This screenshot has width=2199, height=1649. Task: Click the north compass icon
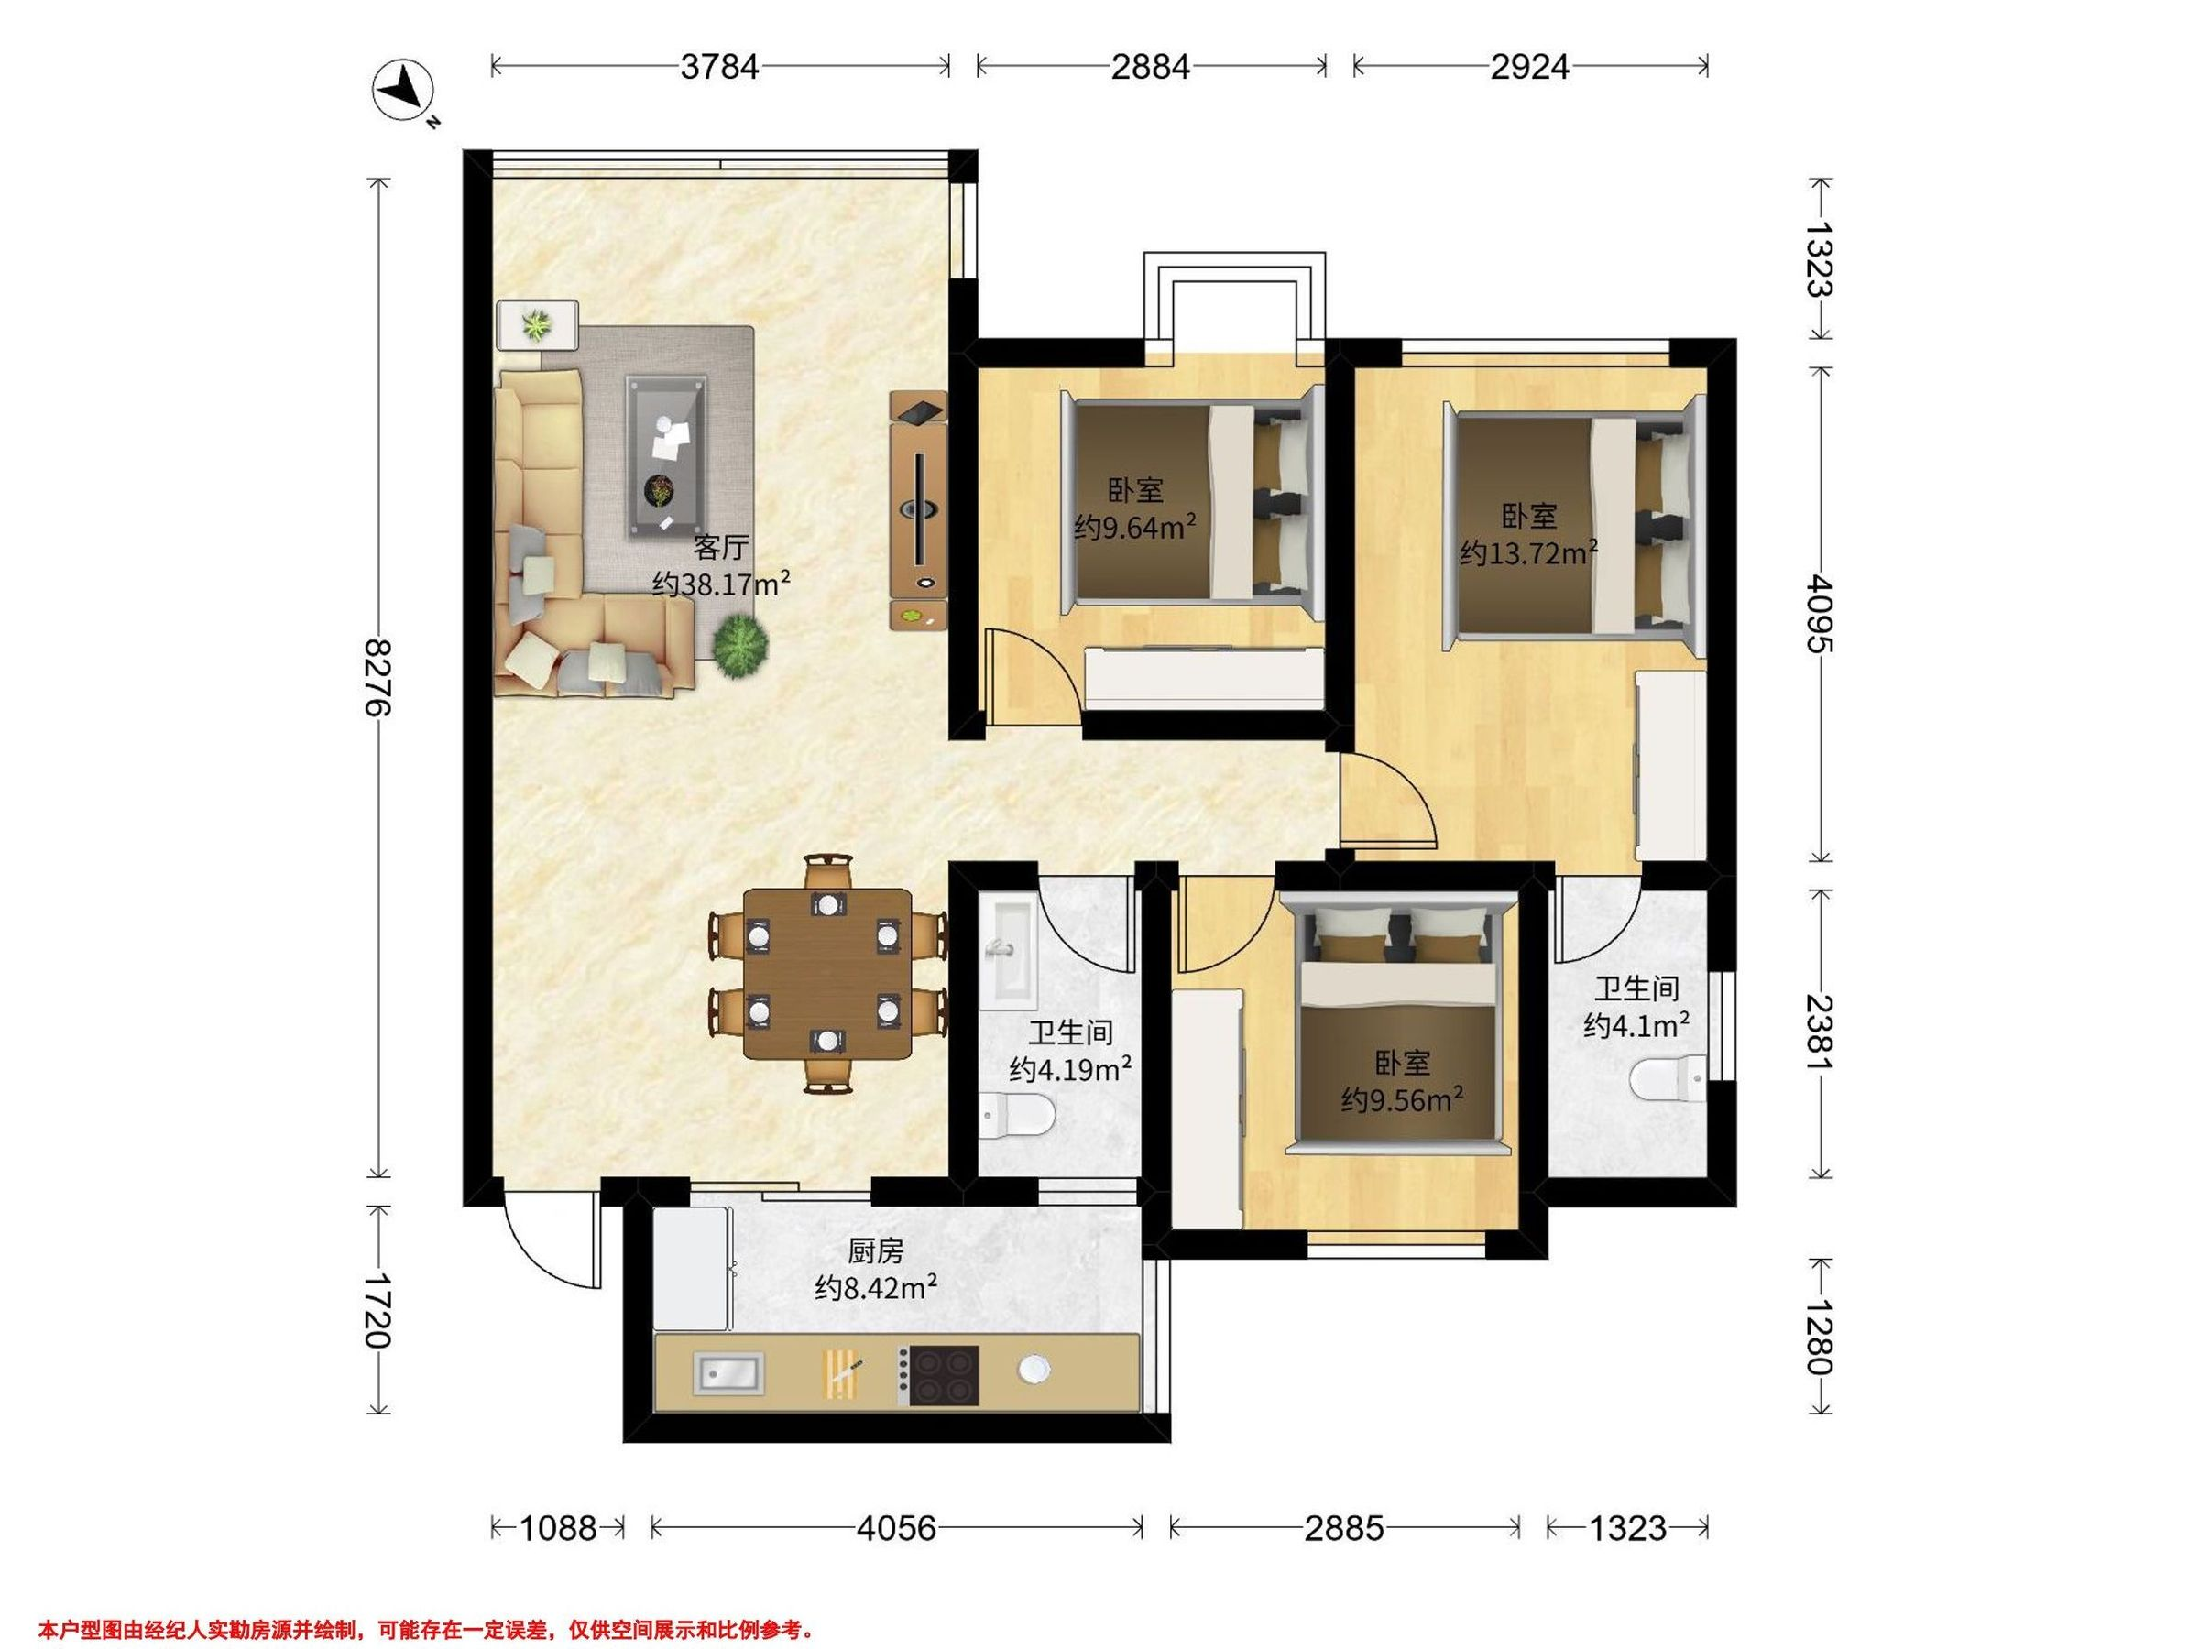click(x=404, y=92)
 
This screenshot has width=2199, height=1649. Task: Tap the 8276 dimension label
click(x=378, y=678)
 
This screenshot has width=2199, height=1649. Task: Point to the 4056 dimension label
click(x=896, y=1528)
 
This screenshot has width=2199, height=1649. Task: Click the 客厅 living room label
click(x=721, y=548)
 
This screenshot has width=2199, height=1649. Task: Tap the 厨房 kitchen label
click(x=875, y=1250)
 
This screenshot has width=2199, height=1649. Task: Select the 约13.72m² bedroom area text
click(x=1529, y=551)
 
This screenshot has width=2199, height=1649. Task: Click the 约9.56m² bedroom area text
click(x=1402, y=1100)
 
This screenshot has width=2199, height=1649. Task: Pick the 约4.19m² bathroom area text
click(x=1071, y=1069)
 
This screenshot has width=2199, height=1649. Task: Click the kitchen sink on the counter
click(x=728, y=1373)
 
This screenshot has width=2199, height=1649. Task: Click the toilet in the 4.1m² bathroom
click(x=1669, y=1080)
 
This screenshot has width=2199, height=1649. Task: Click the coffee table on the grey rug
click(x=665, y=457)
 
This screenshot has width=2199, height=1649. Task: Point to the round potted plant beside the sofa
click(x=739, y=646)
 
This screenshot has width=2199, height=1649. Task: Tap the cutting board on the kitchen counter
click(x=841, y=1375)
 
